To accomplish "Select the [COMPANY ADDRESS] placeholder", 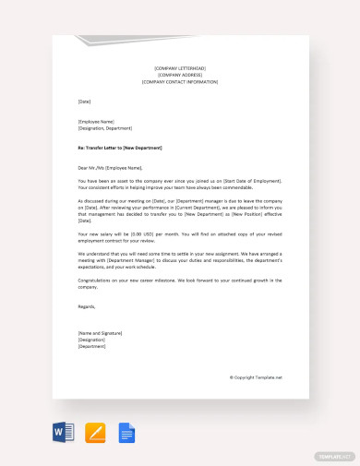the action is (180, 76).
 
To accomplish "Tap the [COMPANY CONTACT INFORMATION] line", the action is (180, 82).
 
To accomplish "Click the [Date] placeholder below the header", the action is (85, 101).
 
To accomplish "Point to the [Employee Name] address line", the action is (96, 121).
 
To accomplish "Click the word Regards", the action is (87, 305).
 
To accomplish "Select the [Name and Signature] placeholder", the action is (101, 331).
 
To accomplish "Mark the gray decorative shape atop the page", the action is (111, 41).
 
